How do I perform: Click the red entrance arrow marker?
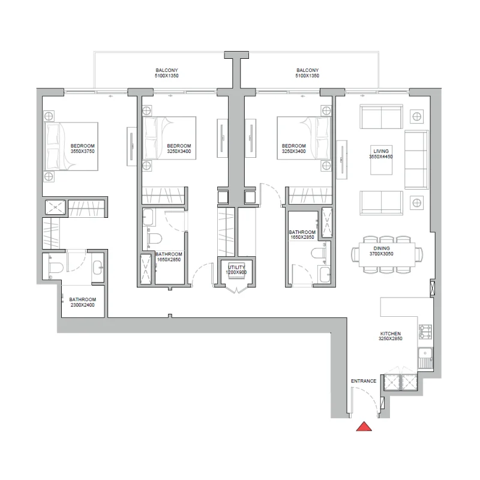tap(364, 427)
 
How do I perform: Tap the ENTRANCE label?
tap(364, 381)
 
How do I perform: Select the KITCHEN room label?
tap(391, 334)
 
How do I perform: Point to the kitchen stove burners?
tap(425, 332)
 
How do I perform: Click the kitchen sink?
tap(425, 358)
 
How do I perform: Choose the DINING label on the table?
tap(382, 248)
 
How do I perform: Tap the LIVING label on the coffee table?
tap(381, 151)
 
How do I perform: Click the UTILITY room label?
tap(236, 267)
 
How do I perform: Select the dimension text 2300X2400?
tap(82, 305)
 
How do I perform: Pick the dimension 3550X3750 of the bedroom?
tap(82, 151)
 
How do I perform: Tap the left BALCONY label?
tap(167, 70)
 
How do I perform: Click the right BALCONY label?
tap(307, 70)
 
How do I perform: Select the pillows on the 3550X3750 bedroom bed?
tap(52, 146)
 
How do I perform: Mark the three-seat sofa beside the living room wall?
tap(416, 160)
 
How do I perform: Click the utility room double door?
tap(236, 289)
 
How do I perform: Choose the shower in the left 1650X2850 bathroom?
tap(146, 269)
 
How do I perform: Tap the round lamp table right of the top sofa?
tap(416, 116)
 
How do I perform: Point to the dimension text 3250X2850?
tap(391, 338)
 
